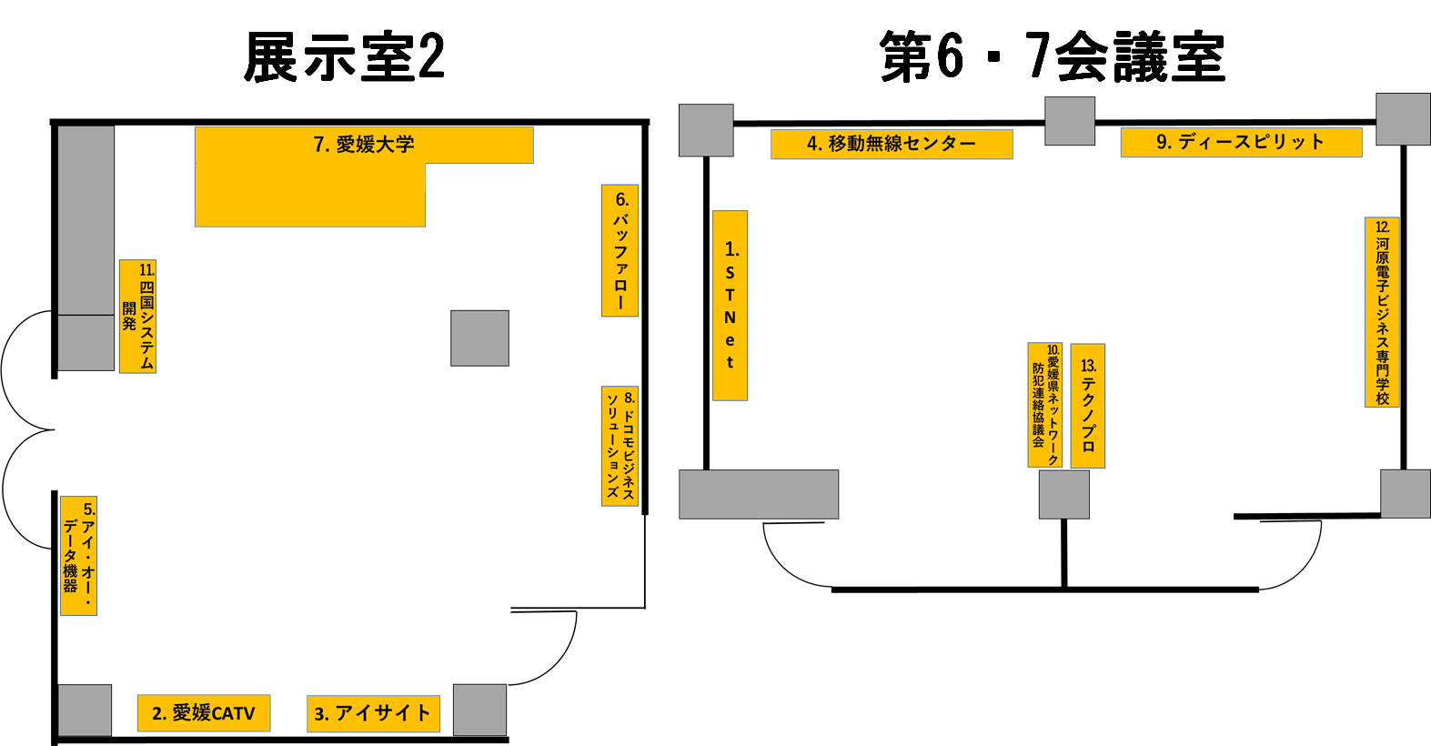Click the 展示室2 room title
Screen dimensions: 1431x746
coord(345,56)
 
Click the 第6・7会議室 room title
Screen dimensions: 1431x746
coord(1053,56)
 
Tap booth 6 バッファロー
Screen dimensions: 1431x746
coord(620,250)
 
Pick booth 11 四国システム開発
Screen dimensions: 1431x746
coord(138,317)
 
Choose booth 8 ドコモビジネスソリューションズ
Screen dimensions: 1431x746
coord(620,446)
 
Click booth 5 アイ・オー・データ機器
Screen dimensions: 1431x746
coord(78,556)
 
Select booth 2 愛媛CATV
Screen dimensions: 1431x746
coord(204,712)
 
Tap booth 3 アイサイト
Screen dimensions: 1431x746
coord(373,713)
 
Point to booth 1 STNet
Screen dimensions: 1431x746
coord(731,306)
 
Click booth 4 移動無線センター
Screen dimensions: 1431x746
coord(892,144)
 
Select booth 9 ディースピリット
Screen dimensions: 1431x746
coord(1241,143)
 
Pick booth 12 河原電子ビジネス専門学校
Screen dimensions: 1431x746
coord(1383,312)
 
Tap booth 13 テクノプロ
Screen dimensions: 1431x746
coord(1088,406)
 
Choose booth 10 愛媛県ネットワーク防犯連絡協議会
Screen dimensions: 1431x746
coord(1045,404)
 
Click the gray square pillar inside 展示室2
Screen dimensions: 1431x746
coord(479,338)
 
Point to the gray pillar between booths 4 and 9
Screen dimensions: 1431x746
coord(1070,121)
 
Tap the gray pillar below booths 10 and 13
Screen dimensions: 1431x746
coord(1064,494)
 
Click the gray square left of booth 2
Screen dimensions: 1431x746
coord(85,711)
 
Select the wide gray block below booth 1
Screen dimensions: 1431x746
coord(759,494)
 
